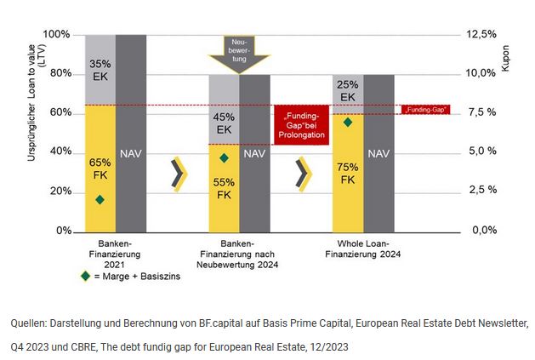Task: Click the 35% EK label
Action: click(101, 68)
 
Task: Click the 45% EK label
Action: click(224, 123)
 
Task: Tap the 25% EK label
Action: click(348, 90)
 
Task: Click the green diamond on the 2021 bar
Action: click(100, 199)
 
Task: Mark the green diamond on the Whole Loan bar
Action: click(347, 123)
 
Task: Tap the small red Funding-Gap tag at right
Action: click(425, 109)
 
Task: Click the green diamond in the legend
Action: click(83, 276)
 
